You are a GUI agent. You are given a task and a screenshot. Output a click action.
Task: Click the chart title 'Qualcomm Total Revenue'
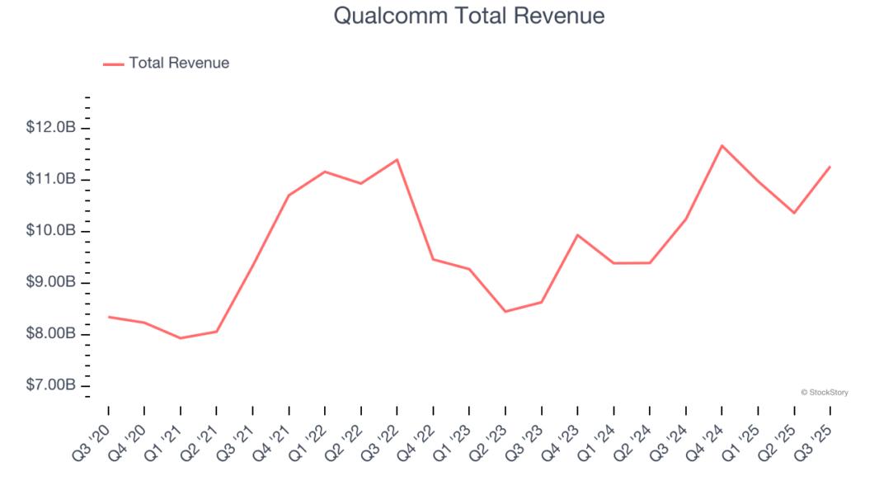(x=468, y=16)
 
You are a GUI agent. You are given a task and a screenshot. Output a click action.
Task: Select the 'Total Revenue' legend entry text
(x=179, y=63)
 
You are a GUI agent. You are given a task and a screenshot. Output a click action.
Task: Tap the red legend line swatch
(x=113, y=64)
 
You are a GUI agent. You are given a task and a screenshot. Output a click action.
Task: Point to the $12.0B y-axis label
(x=50, y=128)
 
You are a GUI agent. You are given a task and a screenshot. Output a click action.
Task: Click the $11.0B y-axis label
(x=50, y=179)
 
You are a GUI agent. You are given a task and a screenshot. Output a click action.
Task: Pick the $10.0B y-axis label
(x=50, y=231)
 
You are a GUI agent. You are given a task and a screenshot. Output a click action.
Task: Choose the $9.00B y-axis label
(x=50, y=282)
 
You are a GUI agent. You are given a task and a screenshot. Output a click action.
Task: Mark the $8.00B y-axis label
(x=50, y=334)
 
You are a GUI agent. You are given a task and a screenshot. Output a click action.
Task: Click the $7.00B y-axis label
(x=50, y=385)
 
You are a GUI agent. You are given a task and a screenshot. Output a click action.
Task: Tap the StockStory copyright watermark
(x=824, y=393)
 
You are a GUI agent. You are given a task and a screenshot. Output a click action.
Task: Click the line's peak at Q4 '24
(x=722, y=146)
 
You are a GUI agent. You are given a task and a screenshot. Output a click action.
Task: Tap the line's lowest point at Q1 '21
(x=180, y=338)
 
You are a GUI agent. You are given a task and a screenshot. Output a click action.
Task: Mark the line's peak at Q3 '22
(x=397, y=159)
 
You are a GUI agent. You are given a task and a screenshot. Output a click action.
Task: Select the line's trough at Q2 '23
(x=505, y=312)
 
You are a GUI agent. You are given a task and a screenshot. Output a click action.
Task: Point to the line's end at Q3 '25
(x=830, y=167)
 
